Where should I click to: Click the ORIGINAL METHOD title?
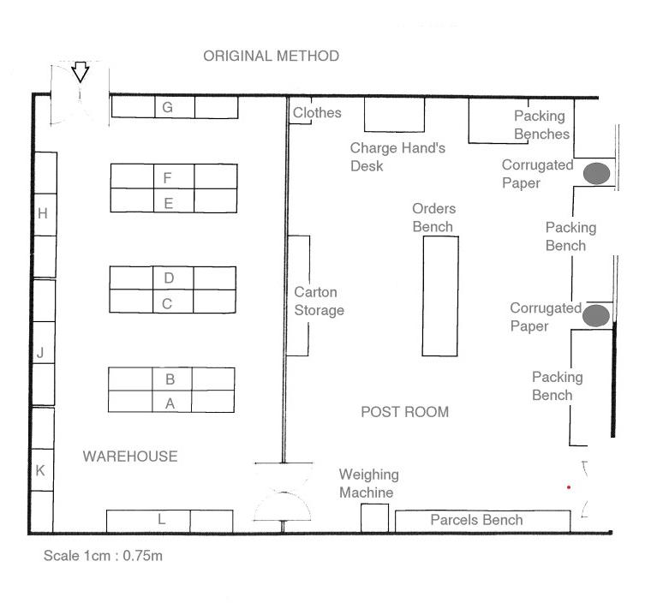pos(271,56)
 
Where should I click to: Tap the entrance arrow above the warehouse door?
pos(80,72)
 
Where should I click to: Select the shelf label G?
pos(167,107)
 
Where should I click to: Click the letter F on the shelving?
pos(167,177)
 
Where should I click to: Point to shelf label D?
pos(169,278)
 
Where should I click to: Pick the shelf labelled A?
pos(170,403)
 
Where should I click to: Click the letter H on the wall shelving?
pos(42,213)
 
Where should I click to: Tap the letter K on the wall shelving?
pos(40,470)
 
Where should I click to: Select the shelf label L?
pos(161,519)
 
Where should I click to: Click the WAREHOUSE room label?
pos(130,457)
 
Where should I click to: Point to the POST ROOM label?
pos(404,412)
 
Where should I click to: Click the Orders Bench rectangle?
pos(440,296)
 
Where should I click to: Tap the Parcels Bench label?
pos(476,520)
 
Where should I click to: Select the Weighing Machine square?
pos(374,518)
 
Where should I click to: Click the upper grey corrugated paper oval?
pos(597,173)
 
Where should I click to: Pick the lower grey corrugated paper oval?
pos(596,315)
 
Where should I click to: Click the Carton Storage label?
pos(320,301)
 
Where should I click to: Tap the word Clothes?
pos(317,112)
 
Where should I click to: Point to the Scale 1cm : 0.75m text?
pos(103,556)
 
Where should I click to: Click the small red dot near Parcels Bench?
pos(569,487)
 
